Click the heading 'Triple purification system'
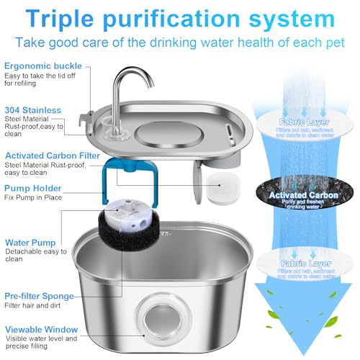(x=180, y=16)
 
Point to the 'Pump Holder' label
(x=35, y=189)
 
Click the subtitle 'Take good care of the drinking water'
(x=180, y=42)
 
